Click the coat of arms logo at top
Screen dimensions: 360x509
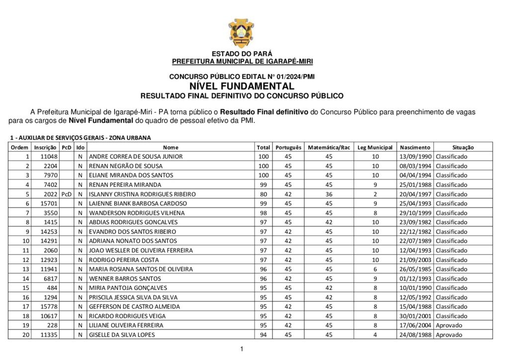click(242, 32)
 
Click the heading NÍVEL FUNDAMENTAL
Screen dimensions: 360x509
click(242, 86)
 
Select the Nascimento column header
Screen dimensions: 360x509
click(415, 147)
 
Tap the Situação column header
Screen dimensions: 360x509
click(463, 147)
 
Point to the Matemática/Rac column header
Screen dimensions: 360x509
click(329, 147)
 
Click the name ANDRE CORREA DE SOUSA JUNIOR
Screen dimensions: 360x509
click(136, 157)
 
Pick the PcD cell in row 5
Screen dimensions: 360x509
click(67, 194)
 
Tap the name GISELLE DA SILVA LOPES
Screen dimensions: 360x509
click(122, 335)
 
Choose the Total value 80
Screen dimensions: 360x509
click(263, 194)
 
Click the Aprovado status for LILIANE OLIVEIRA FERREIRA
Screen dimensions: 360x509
click(449, 325)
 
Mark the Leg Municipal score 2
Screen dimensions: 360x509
click(375, 194)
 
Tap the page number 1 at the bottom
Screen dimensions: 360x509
click(242, 349)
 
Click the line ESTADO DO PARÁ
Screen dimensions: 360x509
click(242, 54)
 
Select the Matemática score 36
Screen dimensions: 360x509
click(329, 194)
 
